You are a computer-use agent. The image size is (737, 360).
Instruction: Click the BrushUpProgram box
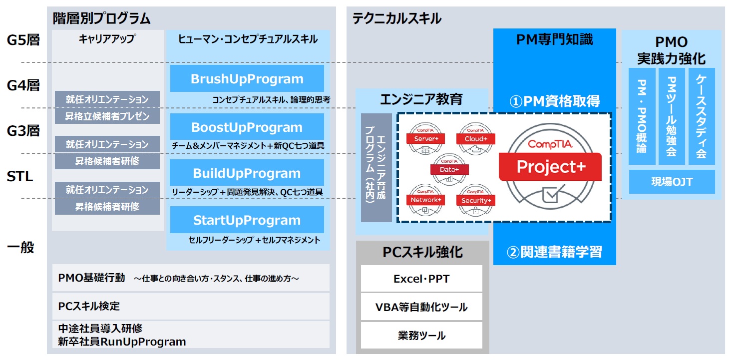click(x=247, y=79)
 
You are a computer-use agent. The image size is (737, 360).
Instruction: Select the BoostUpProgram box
click(x=247, y=127)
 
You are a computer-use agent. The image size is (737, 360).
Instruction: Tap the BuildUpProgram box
click(x=247, y=173)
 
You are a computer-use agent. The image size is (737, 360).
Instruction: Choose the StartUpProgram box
click(x=247, y=220)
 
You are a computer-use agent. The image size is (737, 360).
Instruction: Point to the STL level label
click(x=20, y=176)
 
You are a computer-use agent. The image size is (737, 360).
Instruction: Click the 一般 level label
click(x=20, y=247)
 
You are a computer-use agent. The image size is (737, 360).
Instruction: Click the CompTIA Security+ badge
click(x=475, y=200)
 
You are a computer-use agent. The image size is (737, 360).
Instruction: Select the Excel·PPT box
click(x=421, y=279)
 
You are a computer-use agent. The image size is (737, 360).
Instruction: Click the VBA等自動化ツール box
click(x=421, y=307)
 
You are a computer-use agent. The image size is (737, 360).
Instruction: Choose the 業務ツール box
click(x=421, y=335)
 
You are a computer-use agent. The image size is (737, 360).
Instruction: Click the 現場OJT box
click(x=672, y=182)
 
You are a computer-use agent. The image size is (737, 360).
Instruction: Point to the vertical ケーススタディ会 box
click(x=701, y=116)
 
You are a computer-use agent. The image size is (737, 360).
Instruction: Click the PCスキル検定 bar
click(x=191, y=306)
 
